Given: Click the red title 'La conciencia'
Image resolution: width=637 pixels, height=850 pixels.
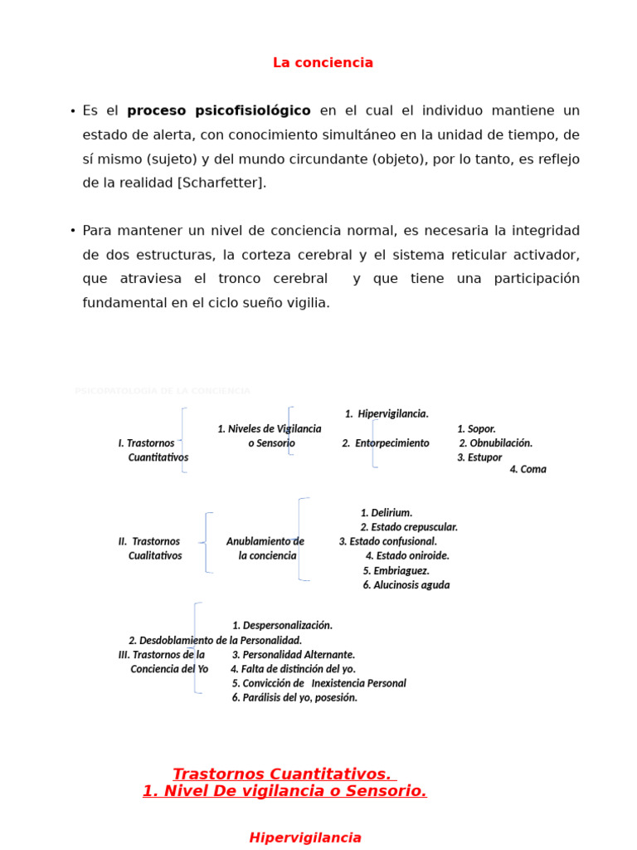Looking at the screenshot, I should click(323, 63).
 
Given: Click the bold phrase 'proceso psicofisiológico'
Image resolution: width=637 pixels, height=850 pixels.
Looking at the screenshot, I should click(219, 111).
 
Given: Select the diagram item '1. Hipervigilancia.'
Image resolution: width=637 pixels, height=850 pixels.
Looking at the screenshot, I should click(387, 413).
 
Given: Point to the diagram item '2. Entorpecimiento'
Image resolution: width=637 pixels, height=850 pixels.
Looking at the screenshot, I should click(386, 443).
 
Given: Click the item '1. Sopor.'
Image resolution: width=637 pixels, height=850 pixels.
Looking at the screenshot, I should click(476, 429).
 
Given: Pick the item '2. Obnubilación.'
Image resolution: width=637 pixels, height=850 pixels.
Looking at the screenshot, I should click(495, 443).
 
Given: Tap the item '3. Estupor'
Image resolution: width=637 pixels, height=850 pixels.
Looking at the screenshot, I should click(479, 457).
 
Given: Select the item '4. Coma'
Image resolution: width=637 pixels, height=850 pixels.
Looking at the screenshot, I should click(528, 469).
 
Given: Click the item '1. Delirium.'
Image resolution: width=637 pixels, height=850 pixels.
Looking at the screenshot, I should click(387, 513).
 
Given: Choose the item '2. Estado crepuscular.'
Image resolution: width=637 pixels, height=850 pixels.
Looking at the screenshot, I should click(409, 527).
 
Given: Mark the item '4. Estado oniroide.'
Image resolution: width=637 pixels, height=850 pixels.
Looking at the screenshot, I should click(407, 556).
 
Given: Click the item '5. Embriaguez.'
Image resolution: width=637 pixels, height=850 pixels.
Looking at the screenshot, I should click(396, 571).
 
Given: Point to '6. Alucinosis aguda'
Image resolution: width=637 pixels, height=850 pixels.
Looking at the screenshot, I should click(406, 585).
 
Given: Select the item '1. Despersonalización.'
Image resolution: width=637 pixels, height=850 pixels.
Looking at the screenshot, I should click(282, 626).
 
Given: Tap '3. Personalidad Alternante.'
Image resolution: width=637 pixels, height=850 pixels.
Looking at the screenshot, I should click(293, 655).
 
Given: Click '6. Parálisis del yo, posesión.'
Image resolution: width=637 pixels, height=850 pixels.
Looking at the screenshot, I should click(294, 698).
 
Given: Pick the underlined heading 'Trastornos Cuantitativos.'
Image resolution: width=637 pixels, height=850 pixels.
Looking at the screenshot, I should click(282, 774).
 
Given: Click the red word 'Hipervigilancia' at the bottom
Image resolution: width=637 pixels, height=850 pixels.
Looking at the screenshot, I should click(305, 838).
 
